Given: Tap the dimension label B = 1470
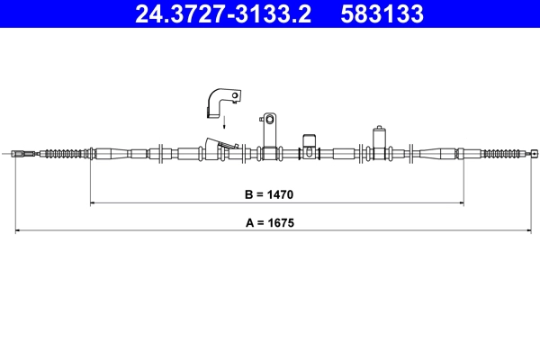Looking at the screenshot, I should pos(270,193).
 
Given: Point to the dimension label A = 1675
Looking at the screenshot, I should pos(270,222).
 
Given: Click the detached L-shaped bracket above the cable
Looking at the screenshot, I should pos(221,99).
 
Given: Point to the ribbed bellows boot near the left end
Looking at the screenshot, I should pos(67,154).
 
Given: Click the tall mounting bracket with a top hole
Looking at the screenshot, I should pos(268,135).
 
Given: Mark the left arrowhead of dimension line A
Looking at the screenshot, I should pos(18,231).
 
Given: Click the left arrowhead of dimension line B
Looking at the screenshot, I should pos(93,203).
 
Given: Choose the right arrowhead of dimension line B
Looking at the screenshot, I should pos(462,203).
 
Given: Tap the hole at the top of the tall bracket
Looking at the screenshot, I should pos(268,118).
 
